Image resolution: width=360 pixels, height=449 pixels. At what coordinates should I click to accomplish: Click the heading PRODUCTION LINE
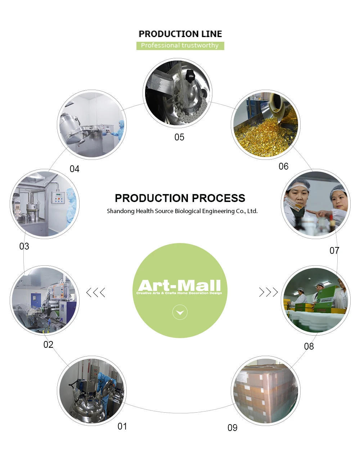click(x=180, y=34)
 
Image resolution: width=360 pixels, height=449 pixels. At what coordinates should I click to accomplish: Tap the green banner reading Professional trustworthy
click(x=180, y=46)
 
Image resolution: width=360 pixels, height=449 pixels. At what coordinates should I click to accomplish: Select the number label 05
click(x=179, y=137)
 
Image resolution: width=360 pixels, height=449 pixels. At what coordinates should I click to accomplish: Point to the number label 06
click(x=283, y=166)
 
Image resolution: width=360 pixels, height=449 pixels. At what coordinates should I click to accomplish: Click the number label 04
click(x=75, y=169)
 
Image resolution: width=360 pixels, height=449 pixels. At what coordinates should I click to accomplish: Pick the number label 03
click(x=24, y=246)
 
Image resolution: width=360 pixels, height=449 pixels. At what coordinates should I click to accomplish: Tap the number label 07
click(x=334, y=251)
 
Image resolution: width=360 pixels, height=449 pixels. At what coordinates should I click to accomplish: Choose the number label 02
click(x=48, y=345)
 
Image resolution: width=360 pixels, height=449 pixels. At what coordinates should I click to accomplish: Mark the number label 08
click(x=309, y=346)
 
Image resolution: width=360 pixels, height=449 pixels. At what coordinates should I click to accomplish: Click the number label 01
click(x=122, y=426)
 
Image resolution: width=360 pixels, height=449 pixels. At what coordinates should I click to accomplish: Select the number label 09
click(x=233, y=428)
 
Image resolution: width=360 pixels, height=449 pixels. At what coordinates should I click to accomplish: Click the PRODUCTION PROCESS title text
click(x=180, y=198)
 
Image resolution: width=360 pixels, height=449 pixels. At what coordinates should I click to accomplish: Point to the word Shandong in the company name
click(x=121, y=211)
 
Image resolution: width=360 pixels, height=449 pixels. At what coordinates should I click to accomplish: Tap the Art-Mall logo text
click(x=180, y=286)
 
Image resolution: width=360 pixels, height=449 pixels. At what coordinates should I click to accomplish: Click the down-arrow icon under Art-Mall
click(x=180, y=312)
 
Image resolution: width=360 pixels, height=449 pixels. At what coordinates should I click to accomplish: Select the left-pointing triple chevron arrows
click(x=96, y=292)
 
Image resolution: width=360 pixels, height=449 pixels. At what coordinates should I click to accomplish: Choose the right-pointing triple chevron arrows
click(x=269, y=292)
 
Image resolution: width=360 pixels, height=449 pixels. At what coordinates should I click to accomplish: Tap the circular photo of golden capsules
click(x=265, y=125)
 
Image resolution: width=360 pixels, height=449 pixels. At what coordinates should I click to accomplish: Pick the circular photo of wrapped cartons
click(x=265, y=391)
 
